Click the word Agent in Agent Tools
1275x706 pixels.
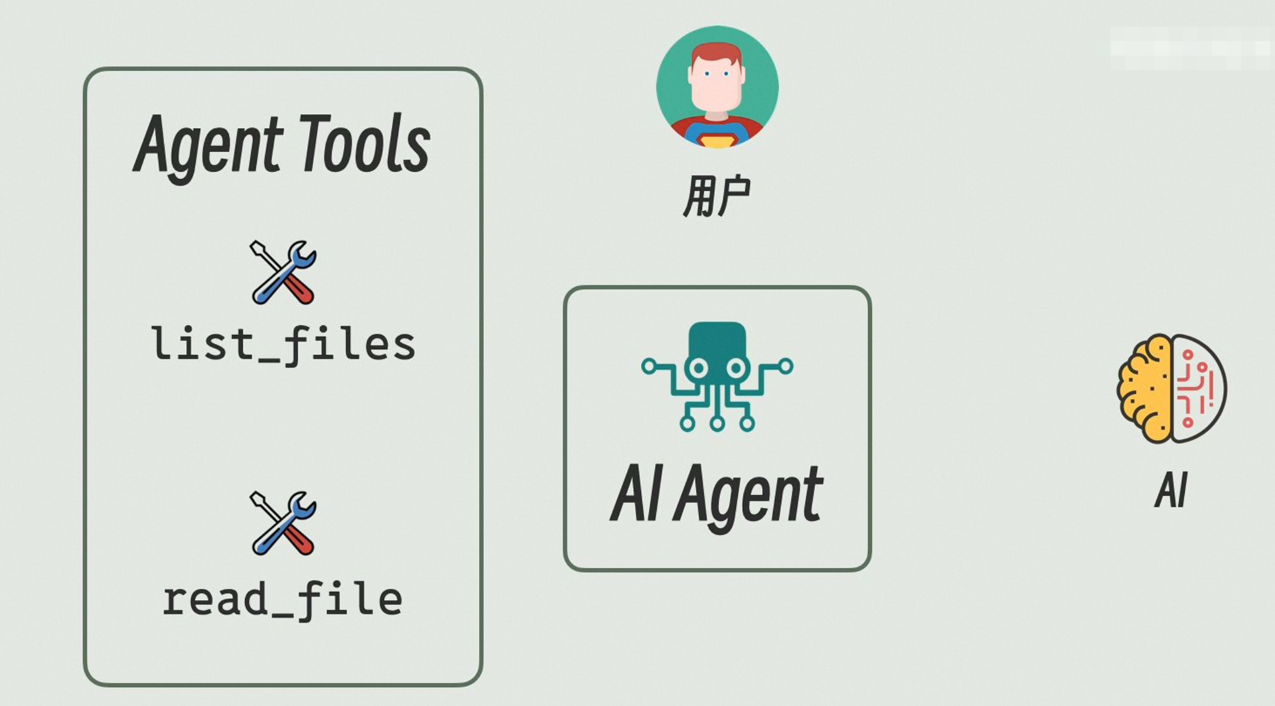click(x=209, y=147)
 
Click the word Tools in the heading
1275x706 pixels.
click(x=365, y=143)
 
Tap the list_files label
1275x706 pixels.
click(x=283, y=345)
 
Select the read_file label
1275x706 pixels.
click(x=282, y=601)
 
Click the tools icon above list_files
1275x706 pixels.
click(x=283, y=272)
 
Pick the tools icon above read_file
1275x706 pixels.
click(x=283, y=523)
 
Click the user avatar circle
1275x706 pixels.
click(x=717, y=87)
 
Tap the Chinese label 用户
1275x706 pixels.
click(x=717, y=196)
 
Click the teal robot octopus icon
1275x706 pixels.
click(x=717, y=377)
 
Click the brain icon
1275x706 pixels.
click(x=1172, y=389)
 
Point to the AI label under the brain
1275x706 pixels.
click(x=1172, y=490)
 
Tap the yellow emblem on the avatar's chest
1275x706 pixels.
click(x=717, y=140)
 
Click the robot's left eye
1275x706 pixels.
click(x=699, y=368)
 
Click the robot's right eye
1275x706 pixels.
click(x=736, y=368)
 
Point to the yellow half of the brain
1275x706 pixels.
click(x=1144, y=389)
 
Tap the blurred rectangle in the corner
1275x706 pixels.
click(x=1192, y=48)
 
